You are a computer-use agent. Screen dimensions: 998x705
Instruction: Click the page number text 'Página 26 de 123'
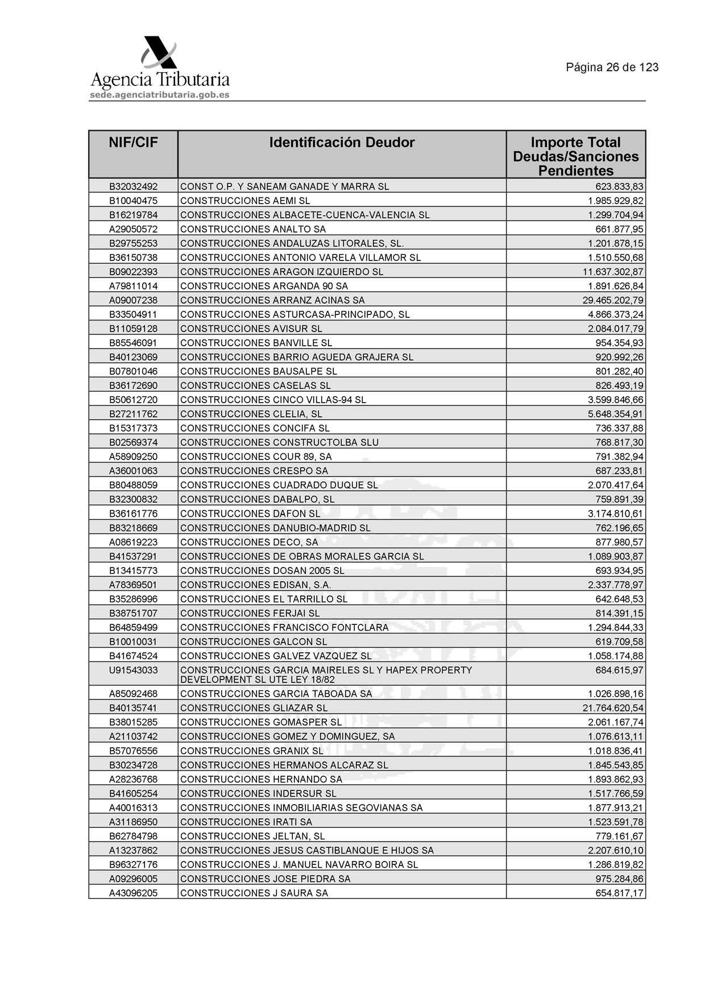612,68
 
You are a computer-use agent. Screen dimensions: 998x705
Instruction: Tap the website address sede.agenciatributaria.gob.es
159,95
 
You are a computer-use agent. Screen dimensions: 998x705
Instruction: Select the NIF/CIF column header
133,143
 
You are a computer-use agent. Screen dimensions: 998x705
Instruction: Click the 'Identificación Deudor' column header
342,143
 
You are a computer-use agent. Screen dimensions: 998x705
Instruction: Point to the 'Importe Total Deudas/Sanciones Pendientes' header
575,156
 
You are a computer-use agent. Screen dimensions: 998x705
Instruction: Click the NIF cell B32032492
133,187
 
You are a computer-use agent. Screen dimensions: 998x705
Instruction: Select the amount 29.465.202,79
613,300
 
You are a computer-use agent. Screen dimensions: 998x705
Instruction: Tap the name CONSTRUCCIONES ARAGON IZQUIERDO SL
281,272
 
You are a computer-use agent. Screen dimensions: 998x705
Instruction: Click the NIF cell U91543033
133,670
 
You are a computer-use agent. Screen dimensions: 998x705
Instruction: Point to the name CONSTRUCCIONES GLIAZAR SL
254,708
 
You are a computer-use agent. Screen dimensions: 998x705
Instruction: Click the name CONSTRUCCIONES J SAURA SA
254,893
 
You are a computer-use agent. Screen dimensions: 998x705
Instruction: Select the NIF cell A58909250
133,457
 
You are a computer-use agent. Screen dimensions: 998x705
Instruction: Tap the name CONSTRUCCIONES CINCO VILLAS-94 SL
273,400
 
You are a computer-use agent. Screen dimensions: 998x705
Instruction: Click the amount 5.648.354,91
615,414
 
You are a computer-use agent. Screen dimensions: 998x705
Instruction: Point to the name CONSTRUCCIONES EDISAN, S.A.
255,585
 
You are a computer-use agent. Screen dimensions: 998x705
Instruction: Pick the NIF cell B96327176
133,865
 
